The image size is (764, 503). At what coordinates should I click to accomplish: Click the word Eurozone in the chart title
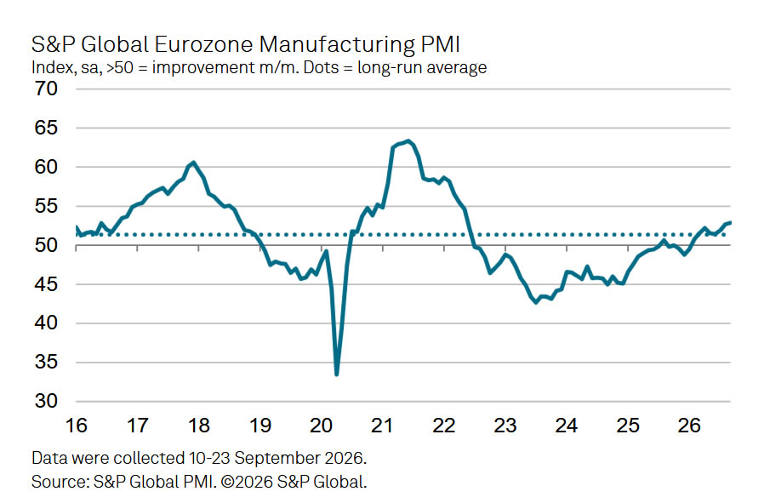click(203, 44)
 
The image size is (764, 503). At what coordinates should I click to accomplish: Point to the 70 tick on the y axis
click(46, 89)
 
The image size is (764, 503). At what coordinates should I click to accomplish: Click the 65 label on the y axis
click(46, 128)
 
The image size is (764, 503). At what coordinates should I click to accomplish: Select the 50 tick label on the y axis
click(46, 245)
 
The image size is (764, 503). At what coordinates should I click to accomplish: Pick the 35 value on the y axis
click(46, 362)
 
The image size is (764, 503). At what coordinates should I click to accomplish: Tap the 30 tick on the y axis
click(46, 401)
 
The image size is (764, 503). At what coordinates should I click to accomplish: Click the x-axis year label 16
click(76, 426)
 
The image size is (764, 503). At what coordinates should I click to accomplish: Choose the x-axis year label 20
click(321, 426)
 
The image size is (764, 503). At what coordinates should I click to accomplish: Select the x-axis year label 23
click(505, 426)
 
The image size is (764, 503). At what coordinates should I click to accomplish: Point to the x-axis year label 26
click(689, 426)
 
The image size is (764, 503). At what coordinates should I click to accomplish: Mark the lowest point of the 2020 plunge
click(337, 374)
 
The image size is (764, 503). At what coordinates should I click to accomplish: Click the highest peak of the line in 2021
click(408, 141)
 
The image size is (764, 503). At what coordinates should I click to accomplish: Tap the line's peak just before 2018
click(193, 163)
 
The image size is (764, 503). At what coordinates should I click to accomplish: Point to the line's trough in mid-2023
click(537, 303)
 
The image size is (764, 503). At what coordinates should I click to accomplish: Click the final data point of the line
click(730, 222)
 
